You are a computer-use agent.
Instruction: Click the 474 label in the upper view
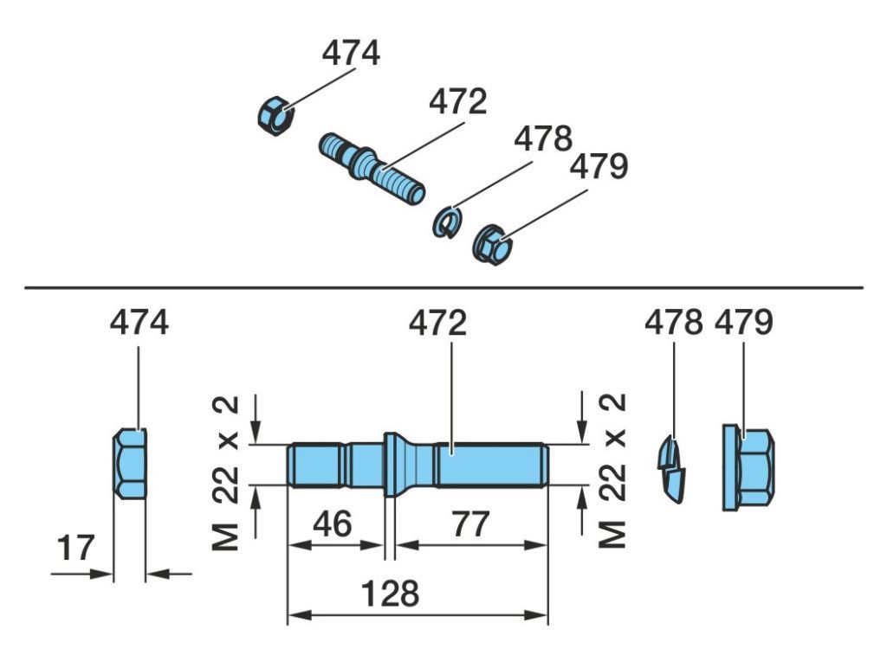351,53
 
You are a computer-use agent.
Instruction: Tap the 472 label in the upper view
457,102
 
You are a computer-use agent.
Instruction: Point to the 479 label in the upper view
598,166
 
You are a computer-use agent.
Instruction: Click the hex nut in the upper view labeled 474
275,115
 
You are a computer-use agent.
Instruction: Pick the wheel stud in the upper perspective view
372,167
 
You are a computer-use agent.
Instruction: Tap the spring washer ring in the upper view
444,222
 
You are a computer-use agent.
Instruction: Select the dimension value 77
469,523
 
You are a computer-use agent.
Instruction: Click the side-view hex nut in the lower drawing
130,464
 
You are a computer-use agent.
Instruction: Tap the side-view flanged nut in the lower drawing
748,466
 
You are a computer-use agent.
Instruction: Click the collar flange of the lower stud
392,465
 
